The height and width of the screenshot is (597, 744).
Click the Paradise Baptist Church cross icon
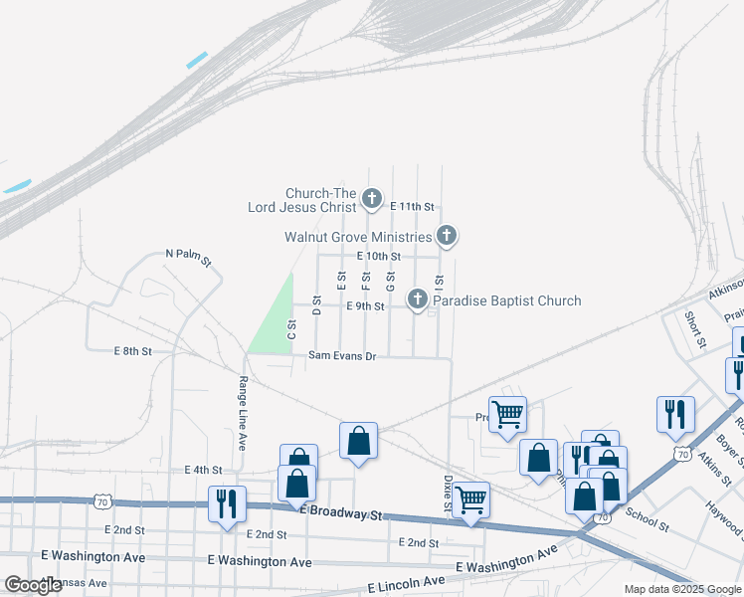pos(419,298)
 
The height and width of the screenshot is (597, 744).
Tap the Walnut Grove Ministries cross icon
pos(447,236)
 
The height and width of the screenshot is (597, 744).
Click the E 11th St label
pos(413,206)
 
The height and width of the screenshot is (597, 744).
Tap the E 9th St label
pos(364,306)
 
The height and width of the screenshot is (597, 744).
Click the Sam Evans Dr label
pos(342,355)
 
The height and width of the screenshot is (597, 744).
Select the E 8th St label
pos(132,351)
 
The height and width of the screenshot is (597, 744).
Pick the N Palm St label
pos(188,258)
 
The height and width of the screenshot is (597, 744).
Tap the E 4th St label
pos(202,470)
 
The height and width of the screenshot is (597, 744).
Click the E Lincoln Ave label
pos(407,581)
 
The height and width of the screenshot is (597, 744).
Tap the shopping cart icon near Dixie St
pos(470,497)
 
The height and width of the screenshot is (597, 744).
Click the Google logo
pos(34,585)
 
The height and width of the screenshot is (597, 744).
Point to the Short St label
pos(693,329)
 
